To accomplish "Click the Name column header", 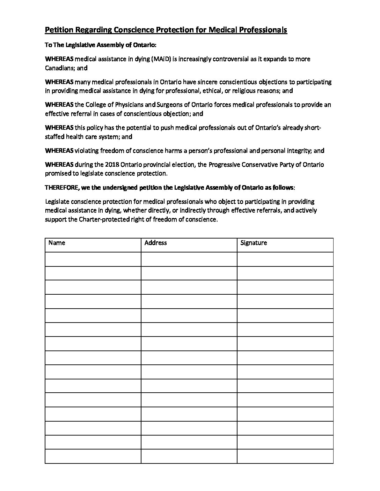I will click(x=57, y=243).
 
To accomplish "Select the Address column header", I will click(x=155, y=243).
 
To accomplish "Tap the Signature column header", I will click(x=254, y=243).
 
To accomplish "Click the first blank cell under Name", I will click(x=93, y=259).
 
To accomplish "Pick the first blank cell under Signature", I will click(x=285, y=259).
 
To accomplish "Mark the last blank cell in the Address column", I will click(x=189, y=456).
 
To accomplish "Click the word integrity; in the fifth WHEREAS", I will click(x=300, y=151).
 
